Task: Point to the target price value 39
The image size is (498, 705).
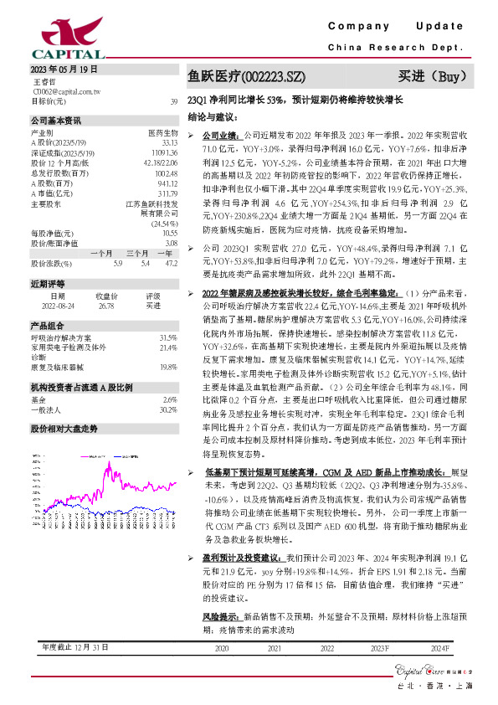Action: (x=173, y=100)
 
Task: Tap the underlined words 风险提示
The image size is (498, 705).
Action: (x=218, y=616)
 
